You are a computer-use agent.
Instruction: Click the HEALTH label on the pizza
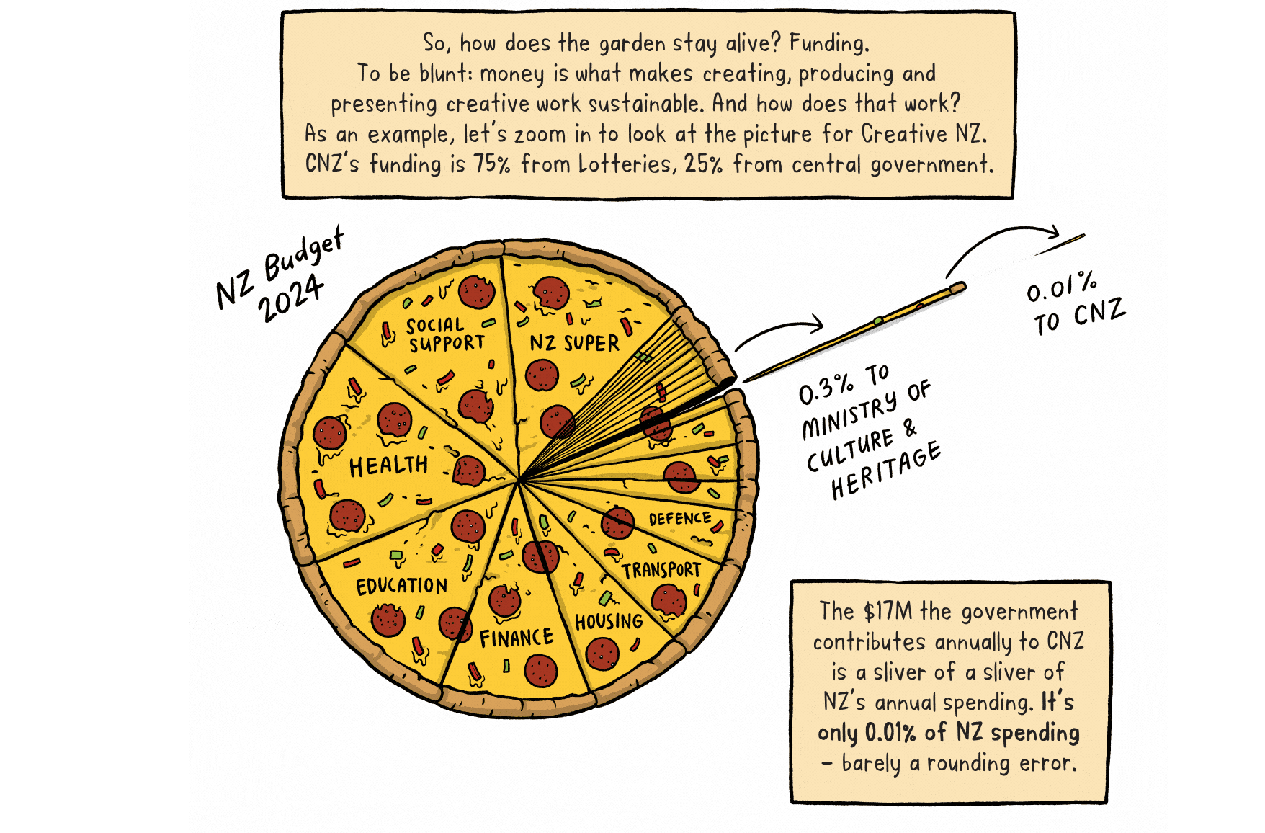(388, 465)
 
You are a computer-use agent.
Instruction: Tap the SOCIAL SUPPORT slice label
(445, 335)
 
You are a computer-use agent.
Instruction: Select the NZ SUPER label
(574, 342)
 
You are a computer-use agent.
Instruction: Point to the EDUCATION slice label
(401, 585)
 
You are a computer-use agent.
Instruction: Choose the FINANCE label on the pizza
(517, 638)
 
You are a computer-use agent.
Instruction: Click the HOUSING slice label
(609, 620)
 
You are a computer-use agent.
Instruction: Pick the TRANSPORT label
(661, 570)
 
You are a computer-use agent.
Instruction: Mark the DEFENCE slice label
(680, 518)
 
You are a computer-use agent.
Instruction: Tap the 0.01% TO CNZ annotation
(1075, 303)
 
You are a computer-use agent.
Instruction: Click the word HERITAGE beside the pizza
(885, 471)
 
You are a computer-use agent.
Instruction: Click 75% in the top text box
(491, 164)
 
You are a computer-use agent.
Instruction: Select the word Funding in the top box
(829, 43)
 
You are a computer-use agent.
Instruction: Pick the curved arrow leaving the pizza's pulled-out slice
(779, 329)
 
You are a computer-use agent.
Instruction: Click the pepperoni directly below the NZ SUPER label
(542, 375)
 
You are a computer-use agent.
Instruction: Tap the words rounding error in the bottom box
(1001, 762)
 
